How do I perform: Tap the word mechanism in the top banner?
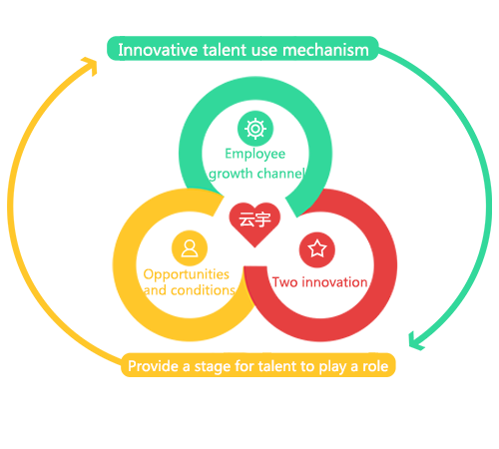(325, 50)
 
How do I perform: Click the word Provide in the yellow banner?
(154, 366)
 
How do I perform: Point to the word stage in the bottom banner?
(213, 367)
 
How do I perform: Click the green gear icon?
(255, 129)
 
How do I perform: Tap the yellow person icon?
(190, 248)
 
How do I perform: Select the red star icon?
(317, 249)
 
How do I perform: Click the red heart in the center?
(254, 224)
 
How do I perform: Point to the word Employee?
(255, 155)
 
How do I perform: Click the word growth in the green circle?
(231, 174)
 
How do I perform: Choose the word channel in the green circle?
(280, 174)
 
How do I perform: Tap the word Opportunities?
(186, 275)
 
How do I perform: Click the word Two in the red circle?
(284, 282)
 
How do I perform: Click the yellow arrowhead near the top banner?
(91, 65)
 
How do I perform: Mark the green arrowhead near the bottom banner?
(415, 342)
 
